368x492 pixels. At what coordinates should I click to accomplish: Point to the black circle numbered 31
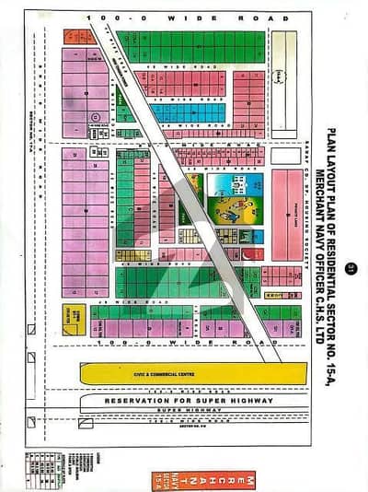[349, 269]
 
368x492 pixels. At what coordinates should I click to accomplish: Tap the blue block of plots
[188, 112]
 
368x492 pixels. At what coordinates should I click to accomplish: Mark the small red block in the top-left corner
[79, 38]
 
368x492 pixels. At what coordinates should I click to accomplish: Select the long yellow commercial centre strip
[192, 373]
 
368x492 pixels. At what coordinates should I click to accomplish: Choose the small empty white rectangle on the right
[285, 156]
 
